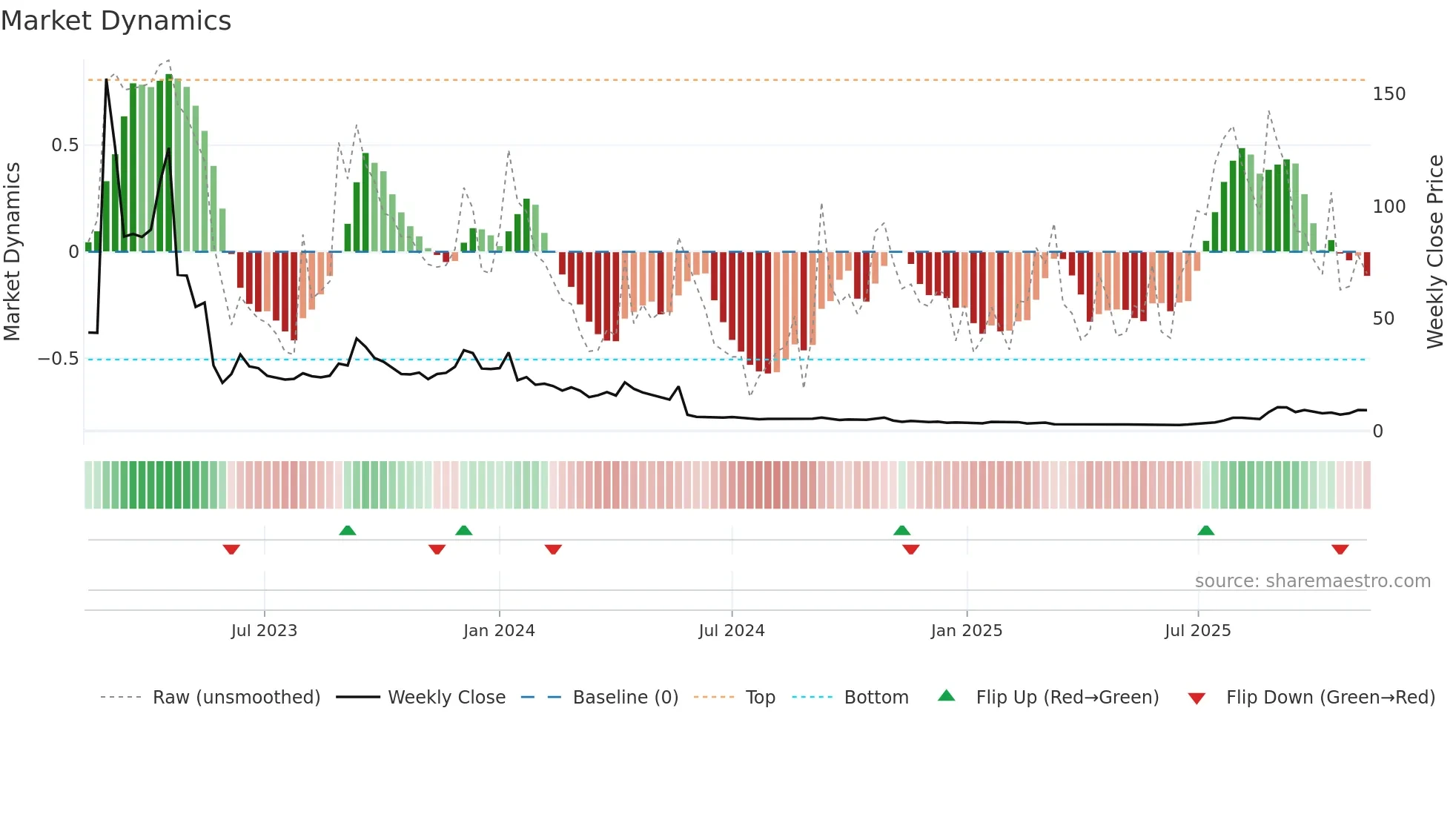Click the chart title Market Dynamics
[x=116, y=21]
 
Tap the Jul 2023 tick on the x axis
[x=264, y=631]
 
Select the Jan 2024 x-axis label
[x=499, y=631]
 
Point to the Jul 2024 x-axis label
[x=732, y=631]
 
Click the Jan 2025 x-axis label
[x=967, y=631]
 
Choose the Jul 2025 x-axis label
[x=1198, y=631]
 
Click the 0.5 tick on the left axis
[x=65, y=145]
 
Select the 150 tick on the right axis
[x=1389, y=94]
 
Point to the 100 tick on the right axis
[x=1389, y=207]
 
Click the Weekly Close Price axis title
[x=1435, y=252]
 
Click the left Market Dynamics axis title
[x=13, y=252]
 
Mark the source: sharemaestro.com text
[x=1312, y=581]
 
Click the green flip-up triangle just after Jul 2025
[x=1206, y=530]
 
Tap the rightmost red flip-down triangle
[x=1340, y=549]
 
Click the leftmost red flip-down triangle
[x=231, y=549]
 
